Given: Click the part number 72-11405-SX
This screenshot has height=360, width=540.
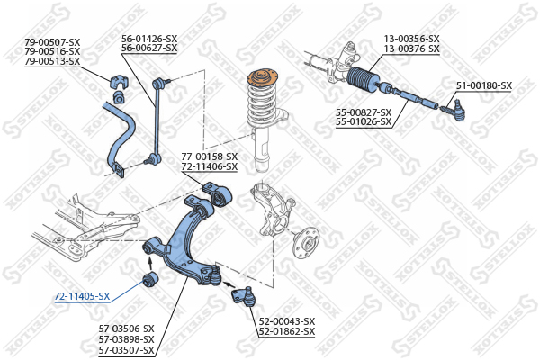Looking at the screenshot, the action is click(82, 296).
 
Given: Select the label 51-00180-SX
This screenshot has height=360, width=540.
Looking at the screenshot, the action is click(484, 85).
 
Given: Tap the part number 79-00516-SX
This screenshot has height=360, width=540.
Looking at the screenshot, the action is click(52, 51).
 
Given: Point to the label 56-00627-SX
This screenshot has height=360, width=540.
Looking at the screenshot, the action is click(149, 48).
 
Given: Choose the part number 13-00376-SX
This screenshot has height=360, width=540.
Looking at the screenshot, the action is click(412, 49).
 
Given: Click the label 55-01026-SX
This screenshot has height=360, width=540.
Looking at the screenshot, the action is click(364, 121).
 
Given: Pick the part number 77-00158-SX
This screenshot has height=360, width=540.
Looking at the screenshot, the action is click(210, 157).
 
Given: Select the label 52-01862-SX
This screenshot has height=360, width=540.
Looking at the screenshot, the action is click(287, 331).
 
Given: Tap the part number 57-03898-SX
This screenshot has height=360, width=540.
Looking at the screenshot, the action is click(126, 339).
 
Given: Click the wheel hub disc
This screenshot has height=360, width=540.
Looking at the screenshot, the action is click(306, 242).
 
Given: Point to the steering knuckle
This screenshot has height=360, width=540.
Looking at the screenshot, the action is click(273, 209).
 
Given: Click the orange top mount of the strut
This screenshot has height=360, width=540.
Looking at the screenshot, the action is click(263, 78).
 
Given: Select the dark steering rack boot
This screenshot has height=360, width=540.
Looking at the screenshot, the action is click(364, 80).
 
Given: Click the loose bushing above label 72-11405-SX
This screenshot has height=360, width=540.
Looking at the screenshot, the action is click(150, 279).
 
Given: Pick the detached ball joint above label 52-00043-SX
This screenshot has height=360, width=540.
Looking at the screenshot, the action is click(244, 296).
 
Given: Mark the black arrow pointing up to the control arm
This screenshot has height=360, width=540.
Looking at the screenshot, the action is click(149, 264).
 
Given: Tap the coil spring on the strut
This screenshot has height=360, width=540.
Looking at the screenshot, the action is click(263, 104).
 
